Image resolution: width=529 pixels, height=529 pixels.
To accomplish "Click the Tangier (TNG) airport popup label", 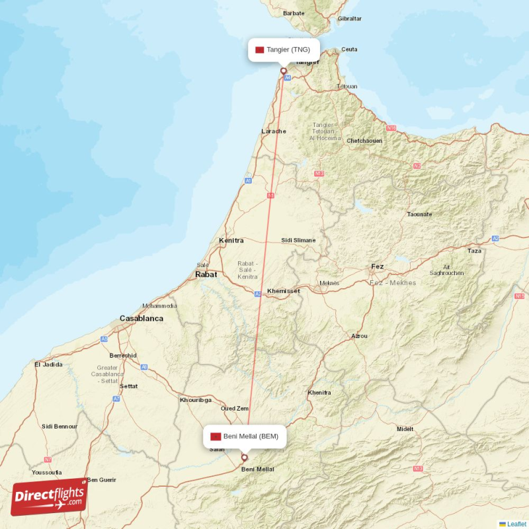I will (x=284, y=50).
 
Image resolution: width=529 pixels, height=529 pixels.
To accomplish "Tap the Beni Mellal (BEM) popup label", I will (x=245, y=436).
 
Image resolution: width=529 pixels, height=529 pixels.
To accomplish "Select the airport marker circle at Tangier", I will (x=284, y=71).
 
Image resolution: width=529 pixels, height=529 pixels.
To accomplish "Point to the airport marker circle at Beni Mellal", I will (x=244, y=457).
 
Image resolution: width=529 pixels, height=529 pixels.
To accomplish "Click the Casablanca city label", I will (x=141, y=319).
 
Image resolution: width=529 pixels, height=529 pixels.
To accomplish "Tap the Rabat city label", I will (x=206, y=274).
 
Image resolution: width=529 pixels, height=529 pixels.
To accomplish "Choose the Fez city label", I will (x=377, y=266).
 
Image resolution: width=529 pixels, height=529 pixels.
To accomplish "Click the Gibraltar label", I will (x=350, y=19).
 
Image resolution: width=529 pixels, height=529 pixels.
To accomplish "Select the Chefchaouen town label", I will (x=364, y=141).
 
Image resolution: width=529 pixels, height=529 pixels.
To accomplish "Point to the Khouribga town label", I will (x=196, y=400).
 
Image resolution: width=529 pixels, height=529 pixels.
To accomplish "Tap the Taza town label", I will (x=475, y=251).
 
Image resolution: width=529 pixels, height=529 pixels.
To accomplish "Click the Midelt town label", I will (x=405, y=429).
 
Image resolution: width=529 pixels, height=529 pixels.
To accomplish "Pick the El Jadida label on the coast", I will (x=48, y=364).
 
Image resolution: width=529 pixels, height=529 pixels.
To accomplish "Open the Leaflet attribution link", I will (x=516, y=524).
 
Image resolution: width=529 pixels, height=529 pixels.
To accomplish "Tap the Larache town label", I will (x=274, y=131).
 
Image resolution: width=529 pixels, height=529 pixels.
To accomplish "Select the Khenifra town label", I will (x=319, y=393).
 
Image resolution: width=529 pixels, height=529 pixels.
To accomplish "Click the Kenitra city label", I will (x=231, y=241).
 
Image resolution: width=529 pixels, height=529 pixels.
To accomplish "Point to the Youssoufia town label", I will (x=47, y=473).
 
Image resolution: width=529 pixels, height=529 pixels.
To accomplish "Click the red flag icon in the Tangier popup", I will (x=260, y=50).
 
